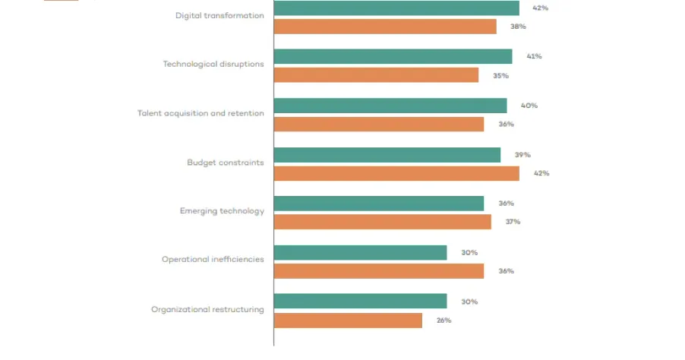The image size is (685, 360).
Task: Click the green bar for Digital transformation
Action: (x=396, y=8)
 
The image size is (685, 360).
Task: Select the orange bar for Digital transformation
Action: (x=385, y=27)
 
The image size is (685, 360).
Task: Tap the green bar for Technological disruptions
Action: (x=393, y=57)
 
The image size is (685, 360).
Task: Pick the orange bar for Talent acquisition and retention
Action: (x=378, y=125)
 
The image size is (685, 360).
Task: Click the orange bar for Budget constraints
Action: (x=396, y=174)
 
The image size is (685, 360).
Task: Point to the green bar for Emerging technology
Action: (x=378, y=204)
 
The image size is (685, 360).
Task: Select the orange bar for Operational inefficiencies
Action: (x=378, y=271)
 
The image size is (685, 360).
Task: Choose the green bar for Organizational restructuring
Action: (x=360, y=302)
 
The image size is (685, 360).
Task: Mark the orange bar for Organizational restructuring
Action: (x=348, y=321)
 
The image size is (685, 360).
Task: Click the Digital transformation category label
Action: (x=219, y=15)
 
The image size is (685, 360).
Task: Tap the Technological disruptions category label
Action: (x=213, y=64)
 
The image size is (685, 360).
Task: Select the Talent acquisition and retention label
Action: (x=200, y=113)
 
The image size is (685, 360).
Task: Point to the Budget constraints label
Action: (x=226, y=163)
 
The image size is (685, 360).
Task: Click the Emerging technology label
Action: (x=222, y=211)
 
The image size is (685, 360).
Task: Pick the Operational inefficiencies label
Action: (x=213, y=260)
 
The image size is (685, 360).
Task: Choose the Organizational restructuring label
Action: (x=207, y=309)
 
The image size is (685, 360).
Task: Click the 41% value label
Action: (x=534, y=57)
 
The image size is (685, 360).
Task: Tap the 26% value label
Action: (x=444, y=321)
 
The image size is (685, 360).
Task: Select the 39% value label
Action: (x=522, y=155)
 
